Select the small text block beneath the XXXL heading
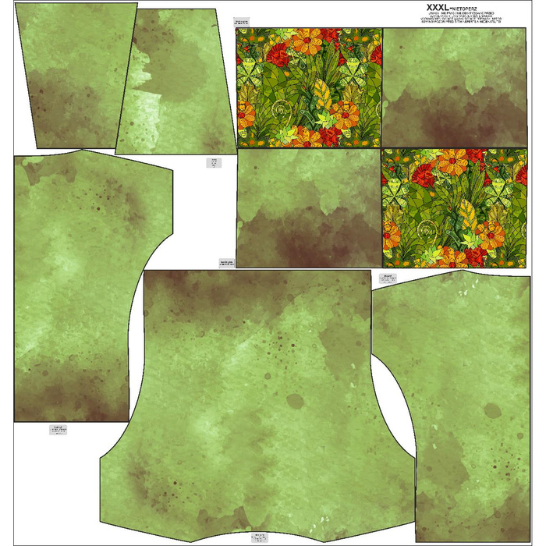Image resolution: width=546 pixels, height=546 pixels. [459, 18]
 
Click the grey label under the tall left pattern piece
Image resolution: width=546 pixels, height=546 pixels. [58, 429]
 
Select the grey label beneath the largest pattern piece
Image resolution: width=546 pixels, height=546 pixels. [258, 537]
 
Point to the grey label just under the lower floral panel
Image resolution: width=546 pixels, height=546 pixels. [388, 277]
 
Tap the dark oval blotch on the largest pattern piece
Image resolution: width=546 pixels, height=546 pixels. [295, 402]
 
